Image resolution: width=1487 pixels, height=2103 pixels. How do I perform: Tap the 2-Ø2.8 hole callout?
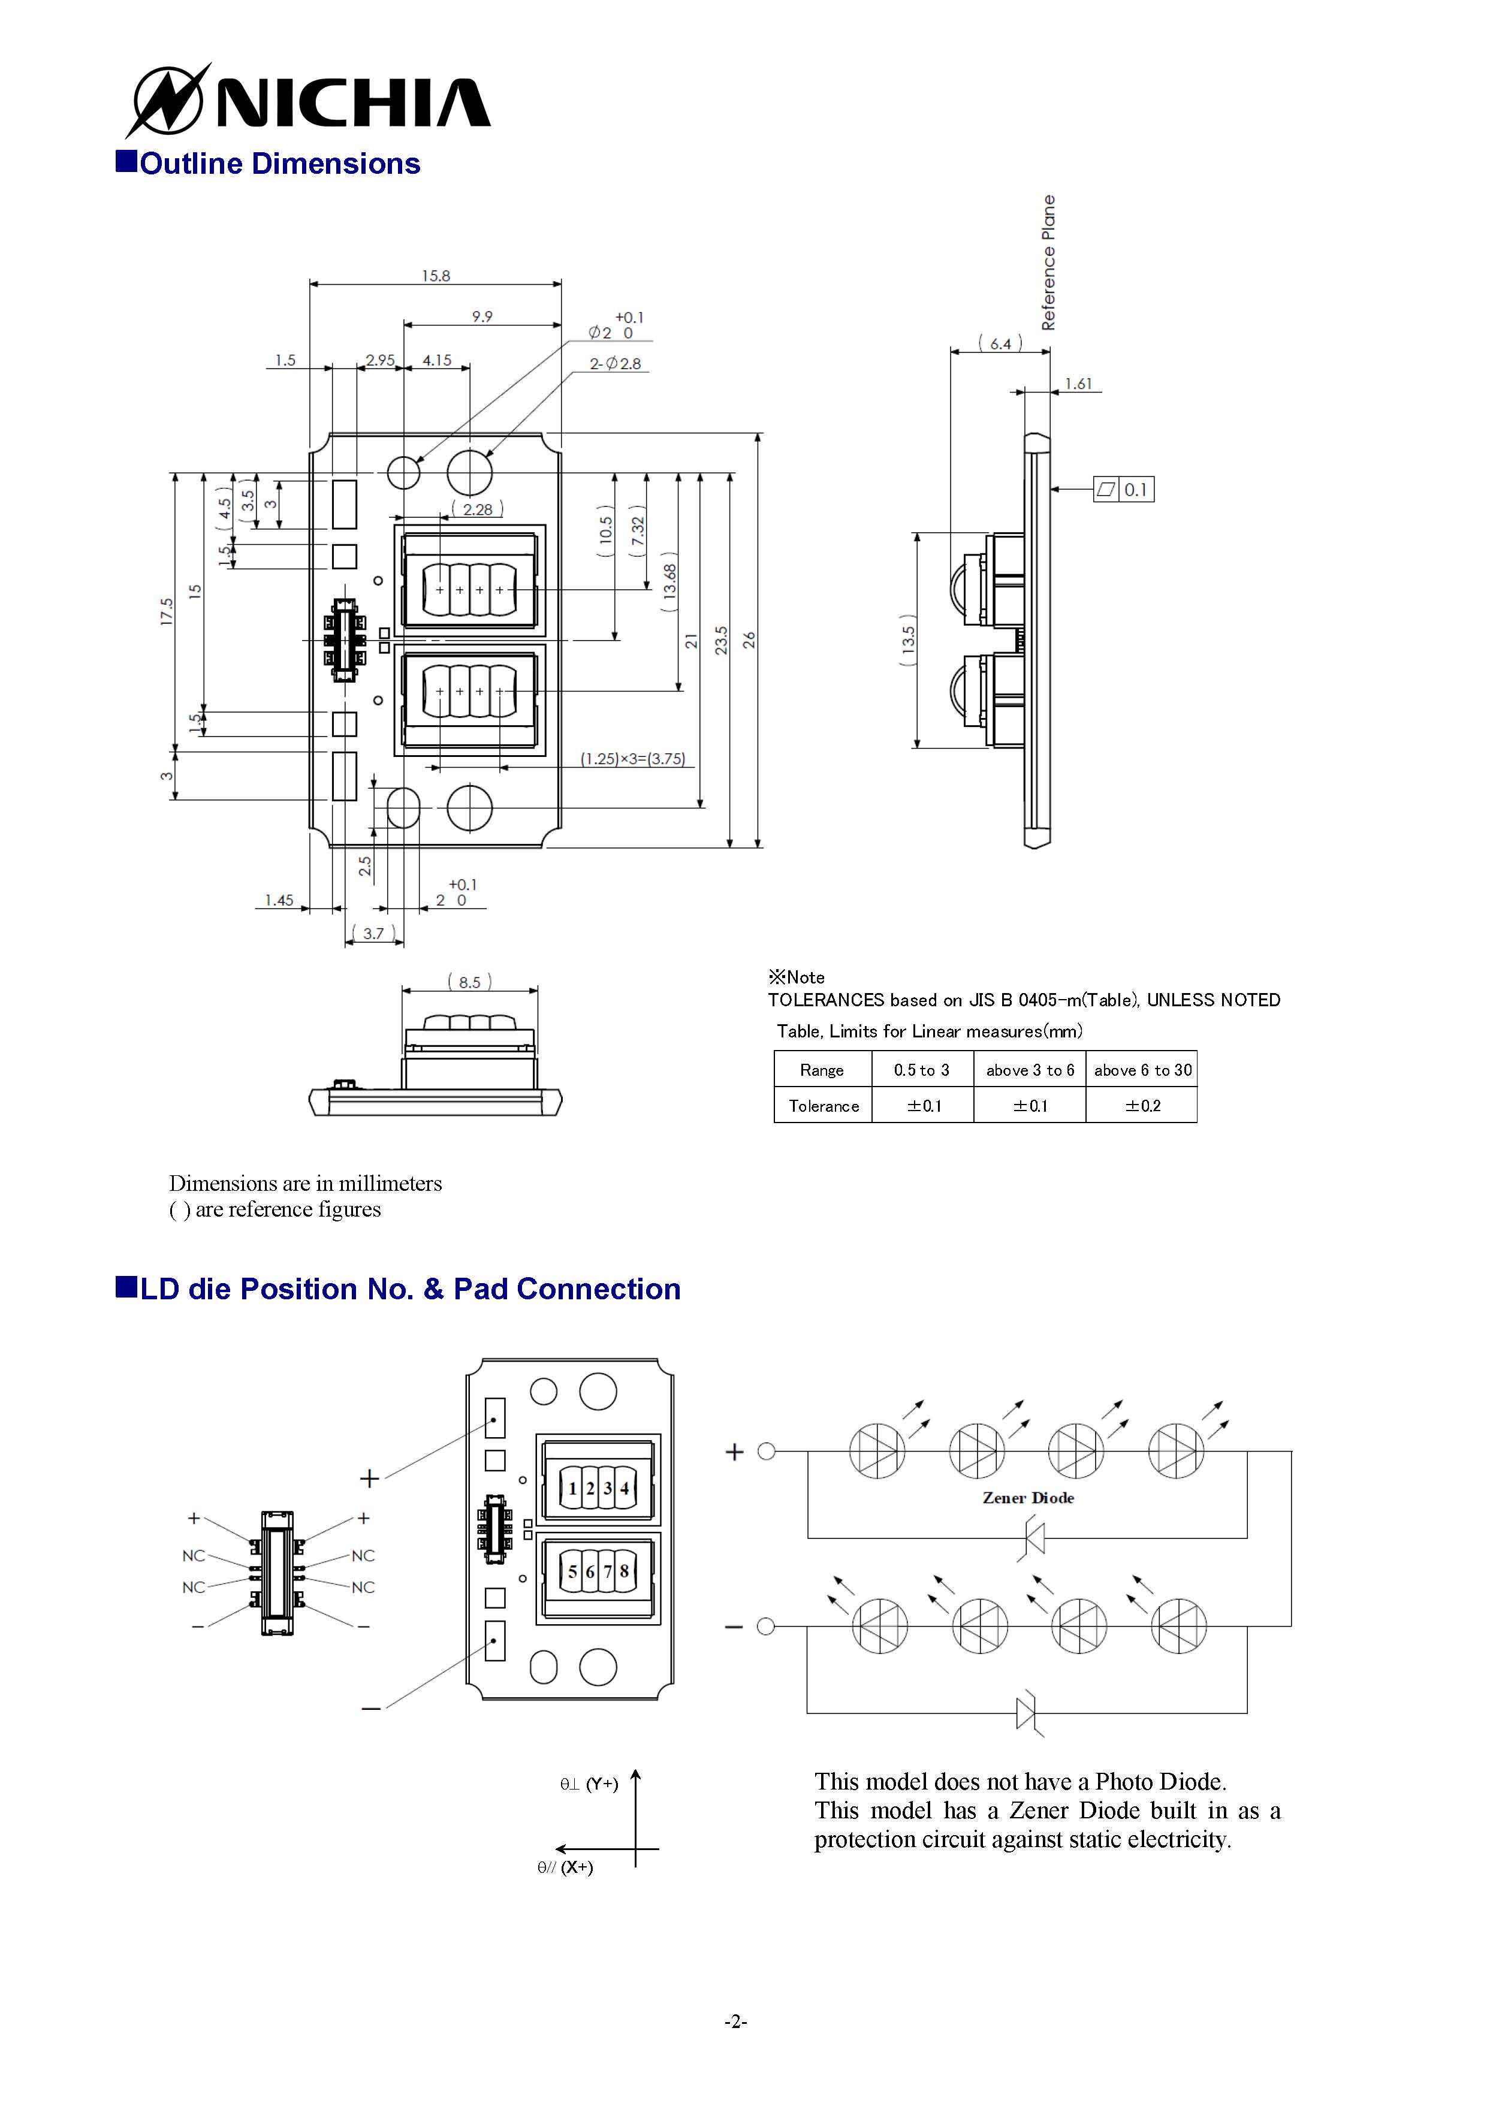[x=616, y=364]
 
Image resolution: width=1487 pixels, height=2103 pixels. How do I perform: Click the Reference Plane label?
[x=1048, y=262]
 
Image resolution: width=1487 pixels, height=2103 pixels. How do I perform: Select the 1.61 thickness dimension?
[x=1078, y=384]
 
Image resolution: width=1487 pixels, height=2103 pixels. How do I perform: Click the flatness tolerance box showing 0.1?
[x=1124, y=489]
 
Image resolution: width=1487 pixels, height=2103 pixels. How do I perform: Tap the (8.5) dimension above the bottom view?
[x=469, y=982]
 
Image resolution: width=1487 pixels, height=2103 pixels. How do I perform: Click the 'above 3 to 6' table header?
[x=1030, y=1070]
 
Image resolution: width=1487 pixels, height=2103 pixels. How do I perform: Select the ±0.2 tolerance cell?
[x=1142, y=1106]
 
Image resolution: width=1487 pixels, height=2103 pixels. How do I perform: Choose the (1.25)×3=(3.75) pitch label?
[x=633, y=758]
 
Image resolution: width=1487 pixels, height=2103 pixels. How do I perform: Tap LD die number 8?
[x=624, y=1571]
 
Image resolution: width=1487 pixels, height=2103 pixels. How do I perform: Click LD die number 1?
[x=572, y=1489]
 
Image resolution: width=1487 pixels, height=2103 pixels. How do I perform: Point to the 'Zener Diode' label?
[x=1028, y=1498]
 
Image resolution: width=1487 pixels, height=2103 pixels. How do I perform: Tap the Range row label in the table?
[x=822, y=1070]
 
